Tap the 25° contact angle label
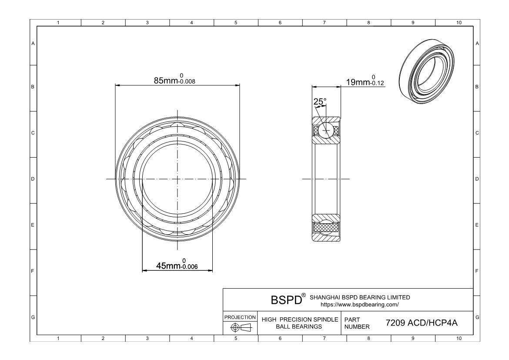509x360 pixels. point(320,102)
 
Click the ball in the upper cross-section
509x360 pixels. point(325,130)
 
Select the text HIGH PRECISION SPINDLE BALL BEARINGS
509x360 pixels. point(300,323)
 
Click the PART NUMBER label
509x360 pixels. point(357,323)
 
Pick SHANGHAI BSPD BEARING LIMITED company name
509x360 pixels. point(359,297)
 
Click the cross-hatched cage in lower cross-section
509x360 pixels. point(326,227)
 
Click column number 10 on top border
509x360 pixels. point(458,23)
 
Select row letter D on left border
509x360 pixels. point(33,179)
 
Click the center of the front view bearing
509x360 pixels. point(177,179)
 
